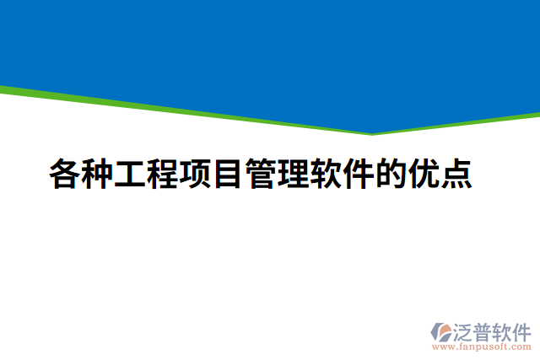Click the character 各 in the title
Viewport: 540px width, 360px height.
tap(65, 174)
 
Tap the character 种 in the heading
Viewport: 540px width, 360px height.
tap(98, 174)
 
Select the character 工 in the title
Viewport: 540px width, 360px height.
tap(131, 174)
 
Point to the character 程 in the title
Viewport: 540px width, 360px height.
tap(163, 174)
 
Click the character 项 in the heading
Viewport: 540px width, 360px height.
tap(196, 174)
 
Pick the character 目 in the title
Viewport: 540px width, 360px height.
tap(228, 174)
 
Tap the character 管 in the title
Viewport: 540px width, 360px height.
tap(261, 174)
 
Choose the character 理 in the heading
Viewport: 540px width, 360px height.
tap(293, 174)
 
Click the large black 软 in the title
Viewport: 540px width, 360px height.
tap(326, 174)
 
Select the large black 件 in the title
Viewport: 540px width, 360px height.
tap(358, 174)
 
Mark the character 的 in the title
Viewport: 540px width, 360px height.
tap(391, 174)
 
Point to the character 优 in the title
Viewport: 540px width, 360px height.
tap(423, 174)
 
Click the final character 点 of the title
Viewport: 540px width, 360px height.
tap(456, 174)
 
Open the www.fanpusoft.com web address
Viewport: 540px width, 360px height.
tap(480, 347)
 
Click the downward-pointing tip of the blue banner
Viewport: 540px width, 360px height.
tap(372, 132)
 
